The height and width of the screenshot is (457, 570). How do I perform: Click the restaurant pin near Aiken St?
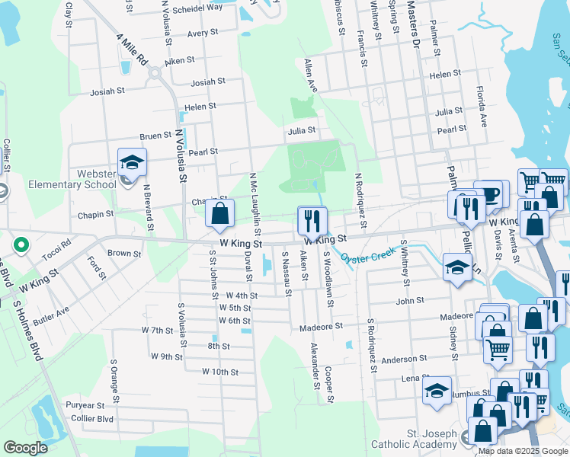312,220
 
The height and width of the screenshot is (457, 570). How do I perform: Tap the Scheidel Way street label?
197,7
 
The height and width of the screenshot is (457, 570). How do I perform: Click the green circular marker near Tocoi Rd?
21,246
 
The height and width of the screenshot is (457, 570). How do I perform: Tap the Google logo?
25,448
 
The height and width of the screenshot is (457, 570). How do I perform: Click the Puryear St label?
85,405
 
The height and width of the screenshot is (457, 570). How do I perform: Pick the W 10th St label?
220,372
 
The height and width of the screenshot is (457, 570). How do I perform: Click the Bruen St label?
155,136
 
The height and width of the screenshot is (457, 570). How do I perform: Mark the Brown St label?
124,253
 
